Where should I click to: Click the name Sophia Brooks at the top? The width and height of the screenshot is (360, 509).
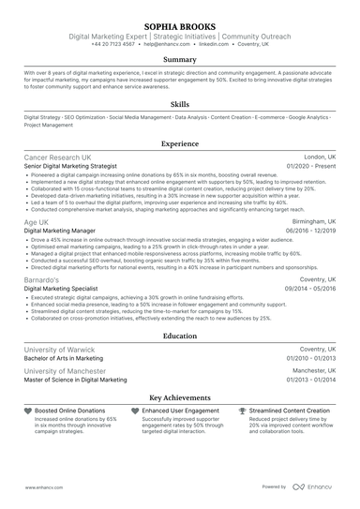[x=180, y=26]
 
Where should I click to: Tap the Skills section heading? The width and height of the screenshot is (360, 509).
[x=180, y=105]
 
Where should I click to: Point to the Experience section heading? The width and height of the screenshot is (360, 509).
[x=180, y=144]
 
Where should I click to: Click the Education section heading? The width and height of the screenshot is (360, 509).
[x=180, y=335]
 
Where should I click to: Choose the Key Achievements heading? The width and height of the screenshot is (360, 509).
[x=180, y=397]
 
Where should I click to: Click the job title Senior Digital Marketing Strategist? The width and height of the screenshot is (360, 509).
[x=70, y=166]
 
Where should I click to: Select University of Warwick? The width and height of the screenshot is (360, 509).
[x=59, y=349]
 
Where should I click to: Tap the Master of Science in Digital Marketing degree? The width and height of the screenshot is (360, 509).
[x=75, y=380]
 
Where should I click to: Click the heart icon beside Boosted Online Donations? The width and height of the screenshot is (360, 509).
[x=28, y=411]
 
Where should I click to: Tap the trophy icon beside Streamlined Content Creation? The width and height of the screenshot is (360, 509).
[x=244, y=411]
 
